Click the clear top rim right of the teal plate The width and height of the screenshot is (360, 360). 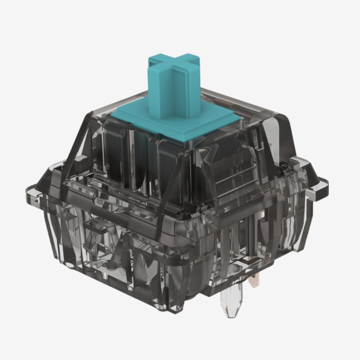coord(259,108)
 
